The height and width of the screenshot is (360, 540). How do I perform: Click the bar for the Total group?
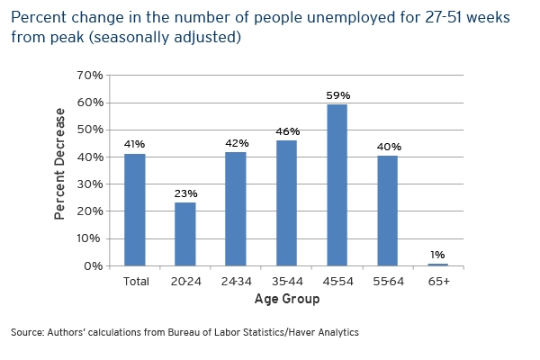(134, 210)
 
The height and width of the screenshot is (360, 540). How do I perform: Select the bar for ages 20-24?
(184, 234)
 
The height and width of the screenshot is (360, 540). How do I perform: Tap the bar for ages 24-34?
(236, 209)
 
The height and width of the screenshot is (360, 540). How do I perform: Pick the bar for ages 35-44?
(286, 202)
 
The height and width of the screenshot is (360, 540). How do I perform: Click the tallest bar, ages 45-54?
(337, 184)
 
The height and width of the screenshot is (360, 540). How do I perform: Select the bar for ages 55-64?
(388, 211)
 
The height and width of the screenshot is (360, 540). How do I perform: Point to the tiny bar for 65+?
(438, 265)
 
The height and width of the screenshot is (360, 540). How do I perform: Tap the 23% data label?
(185, 193)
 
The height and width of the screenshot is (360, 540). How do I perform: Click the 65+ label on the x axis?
(439, 281)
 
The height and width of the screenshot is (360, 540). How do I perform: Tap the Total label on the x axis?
(135, 281)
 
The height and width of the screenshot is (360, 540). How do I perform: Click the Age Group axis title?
(286, 299)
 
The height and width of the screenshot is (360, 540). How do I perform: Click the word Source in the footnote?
(27, 333)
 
